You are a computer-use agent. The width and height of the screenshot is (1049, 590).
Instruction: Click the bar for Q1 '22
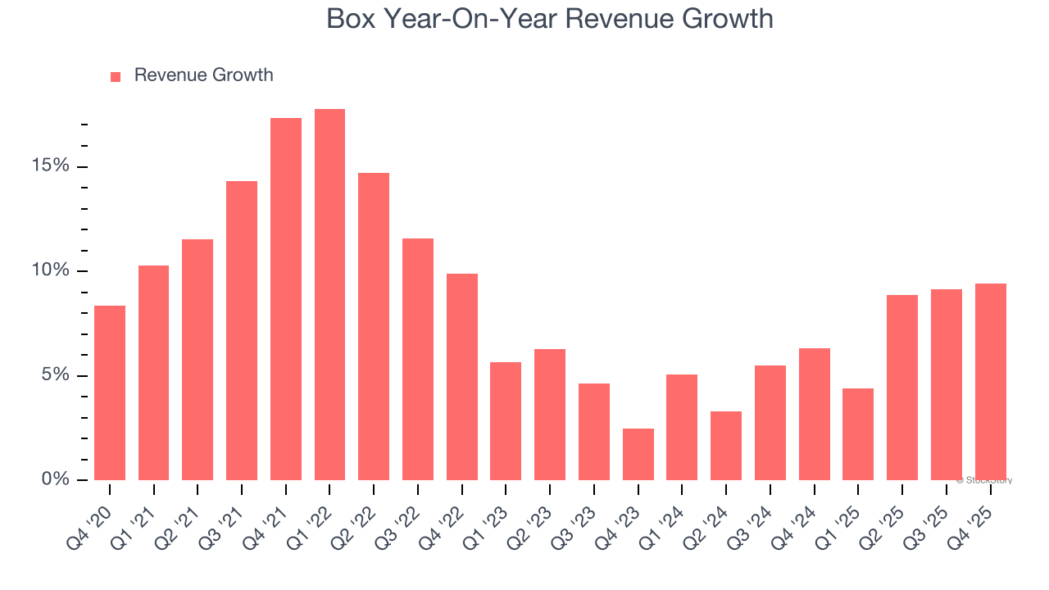(329, 295)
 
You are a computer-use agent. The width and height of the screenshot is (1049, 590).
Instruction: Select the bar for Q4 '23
(638, 454)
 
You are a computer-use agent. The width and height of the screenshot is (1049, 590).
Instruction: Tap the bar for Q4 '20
(110, 393)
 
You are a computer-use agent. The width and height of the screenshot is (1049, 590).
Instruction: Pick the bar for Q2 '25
(902, 387)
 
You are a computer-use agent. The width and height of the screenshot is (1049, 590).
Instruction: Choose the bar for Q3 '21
(242, 330)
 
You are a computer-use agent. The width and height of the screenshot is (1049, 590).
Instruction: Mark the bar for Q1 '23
(506, 420)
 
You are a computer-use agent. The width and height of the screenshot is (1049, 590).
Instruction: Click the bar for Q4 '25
(991, 381)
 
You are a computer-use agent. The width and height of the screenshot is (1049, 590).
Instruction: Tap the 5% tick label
(57, 374)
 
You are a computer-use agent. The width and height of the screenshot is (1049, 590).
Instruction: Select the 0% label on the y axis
(57, 479)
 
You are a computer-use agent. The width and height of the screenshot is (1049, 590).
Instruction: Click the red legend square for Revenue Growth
(116, 77)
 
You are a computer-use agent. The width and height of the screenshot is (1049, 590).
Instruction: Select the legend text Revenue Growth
(203, 75)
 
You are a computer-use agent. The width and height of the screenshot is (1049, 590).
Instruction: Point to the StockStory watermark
(983, 480)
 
